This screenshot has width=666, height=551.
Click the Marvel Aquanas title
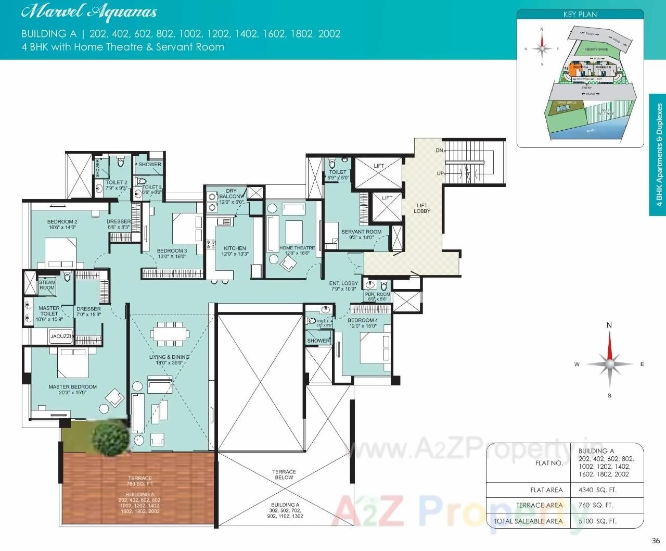click(x=88, y=12)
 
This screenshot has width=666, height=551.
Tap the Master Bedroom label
click(x=72, y=390)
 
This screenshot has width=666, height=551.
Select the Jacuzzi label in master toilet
click(x=60, y=336)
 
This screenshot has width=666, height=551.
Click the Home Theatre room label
click(x=297, y=251)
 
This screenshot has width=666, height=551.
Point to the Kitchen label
click(x=235, y=251)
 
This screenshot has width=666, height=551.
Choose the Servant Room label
click(x=361, y=234)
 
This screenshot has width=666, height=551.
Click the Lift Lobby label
click(x=422, y=208)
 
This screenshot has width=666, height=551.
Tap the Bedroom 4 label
click(x=363, y=323)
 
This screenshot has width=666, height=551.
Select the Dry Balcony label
click(x=231, y=196)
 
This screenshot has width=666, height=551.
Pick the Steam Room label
click(x=47, y=285)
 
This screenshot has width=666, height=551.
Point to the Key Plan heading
click(x=580, y=15)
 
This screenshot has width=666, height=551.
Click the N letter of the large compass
click(x=609, y=325)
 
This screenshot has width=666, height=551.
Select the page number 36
click(x=655, y=541)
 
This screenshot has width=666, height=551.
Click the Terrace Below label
click(x=284, y=474)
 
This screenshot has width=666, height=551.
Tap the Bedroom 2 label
click(x=62, y=224)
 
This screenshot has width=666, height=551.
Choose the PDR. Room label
click(x=378, y=297)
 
